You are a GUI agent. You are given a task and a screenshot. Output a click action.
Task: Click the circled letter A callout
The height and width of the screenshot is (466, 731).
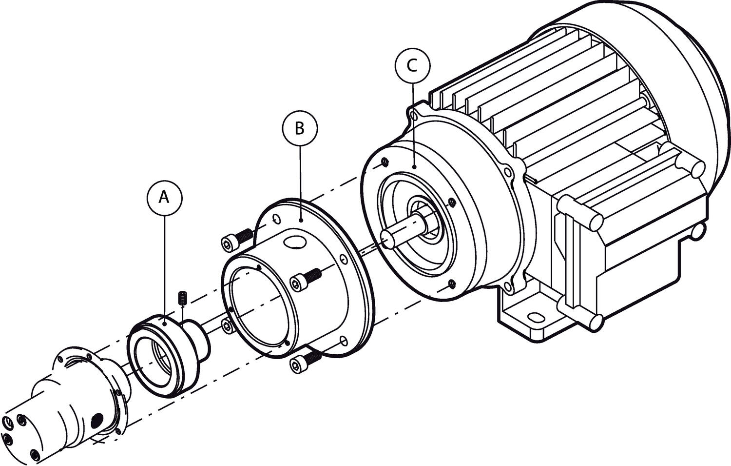pyautogui.click(x=164, y=197)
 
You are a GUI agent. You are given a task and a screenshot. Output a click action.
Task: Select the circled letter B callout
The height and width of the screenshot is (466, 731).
pyautogui.click(x=300, y=128)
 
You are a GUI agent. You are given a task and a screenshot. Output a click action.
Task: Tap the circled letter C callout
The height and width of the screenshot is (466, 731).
pyautogui.click(x=413, y=65)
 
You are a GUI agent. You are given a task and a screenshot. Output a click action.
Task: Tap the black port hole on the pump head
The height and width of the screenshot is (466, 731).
pyautogui.click(x=97, y=419)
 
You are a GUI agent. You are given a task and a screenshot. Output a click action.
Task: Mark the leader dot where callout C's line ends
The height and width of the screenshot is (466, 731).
pyautogui.click(x=413, y=167)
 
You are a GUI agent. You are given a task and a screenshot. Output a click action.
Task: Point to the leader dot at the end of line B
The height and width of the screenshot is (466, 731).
pyautogui.click(x=301, y=221)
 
